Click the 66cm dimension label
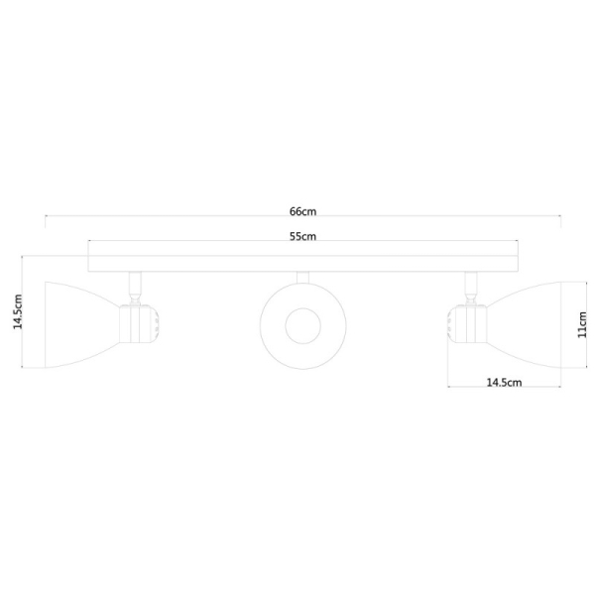tap(302, 211)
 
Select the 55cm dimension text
tap(302, 236)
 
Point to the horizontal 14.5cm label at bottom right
tap(504, 382)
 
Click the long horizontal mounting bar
tap(302, 263)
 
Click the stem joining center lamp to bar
tap(302, 279)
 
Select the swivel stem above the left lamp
tap(134, 287)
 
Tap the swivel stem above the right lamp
tap(469, 287)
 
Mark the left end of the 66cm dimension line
tap(44, 217)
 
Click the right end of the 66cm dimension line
tap(561, 217)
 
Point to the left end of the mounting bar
tap(89, 263)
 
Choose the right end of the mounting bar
tap(517, 263)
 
